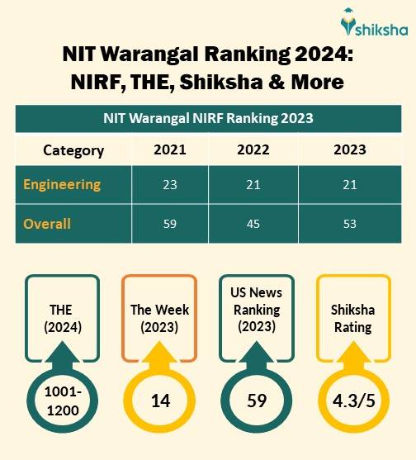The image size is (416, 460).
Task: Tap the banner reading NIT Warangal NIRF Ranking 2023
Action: pos(208,118)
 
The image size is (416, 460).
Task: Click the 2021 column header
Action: pos(169,149)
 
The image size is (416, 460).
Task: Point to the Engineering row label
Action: pos(62,183)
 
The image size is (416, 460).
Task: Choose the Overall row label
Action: pos(47,223)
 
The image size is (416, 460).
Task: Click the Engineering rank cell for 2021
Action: pos(169,184)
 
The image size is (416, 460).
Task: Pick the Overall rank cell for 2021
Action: pos(169,224)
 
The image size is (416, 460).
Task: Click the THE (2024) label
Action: pos(61,318)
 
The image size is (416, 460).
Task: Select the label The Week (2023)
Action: pos(160,318)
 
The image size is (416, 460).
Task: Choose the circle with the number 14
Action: pos(160,402)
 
